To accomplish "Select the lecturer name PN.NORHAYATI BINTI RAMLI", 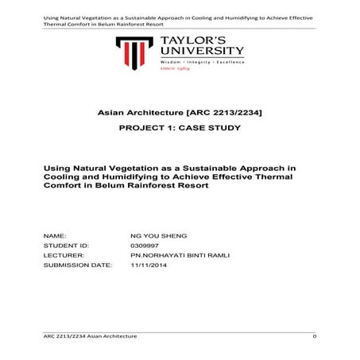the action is (168, 256).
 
